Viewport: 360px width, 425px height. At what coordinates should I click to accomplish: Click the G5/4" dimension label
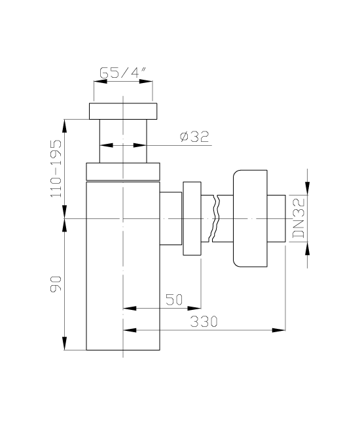tap(123, 73)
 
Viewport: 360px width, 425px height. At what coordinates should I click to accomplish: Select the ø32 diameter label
tap(194, 137)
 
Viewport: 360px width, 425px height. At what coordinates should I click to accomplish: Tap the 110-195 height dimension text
tap(56, 168)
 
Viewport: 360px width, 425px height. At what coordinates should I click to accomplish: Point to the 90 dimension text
tap(56, 284)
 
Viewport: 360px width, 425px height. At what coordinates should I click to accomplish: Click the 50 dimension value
tap(174, 299)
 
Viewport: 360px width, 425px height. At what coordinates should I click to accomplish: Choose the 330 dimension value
tap(204, 322)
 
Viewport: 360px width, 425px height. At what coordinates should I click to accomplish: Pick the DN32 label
tap(298, 218)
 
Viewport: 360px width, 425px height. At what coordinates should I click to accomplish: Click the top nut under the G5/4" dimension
tap(123, 111)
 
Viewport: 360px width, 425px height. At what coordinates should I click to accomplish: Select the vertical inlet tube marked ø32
tap(123, 141)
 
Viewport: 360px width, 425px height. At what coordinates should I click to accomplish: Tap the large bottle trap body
tap(123, 266)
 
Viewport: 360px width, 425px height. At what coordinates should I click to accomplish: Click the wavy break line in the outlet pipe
tap(215, 218)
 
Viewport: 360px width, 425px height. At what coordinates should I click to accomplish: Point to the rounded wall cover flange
tap(250, 218)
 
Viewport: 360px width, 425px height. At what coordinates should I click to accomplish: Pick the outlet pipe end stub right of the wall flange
tap(276, 218)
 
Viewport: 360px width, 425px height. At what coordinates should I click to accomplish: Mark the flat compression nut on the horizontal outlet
tap(192, 218)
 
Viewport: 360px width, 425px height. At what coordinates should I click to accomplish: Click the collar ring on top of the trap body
tap(123, 171)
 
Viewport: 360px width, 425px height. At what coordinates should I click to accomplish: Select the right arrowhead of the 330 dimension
tap(279, 330)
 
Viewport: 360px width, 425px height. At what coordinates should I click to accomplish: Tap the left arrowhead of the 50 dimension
tap(130, 308)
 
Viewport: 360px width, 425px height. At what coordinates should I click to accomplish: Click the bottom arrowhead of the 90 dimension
tap(65, 343)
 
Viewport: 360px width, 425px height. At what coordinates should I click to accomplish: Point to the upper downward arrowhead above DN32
tap(308, 188)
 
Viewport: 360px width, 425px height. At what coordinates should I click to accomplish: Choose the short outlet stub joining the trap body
tap(171, 218)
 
